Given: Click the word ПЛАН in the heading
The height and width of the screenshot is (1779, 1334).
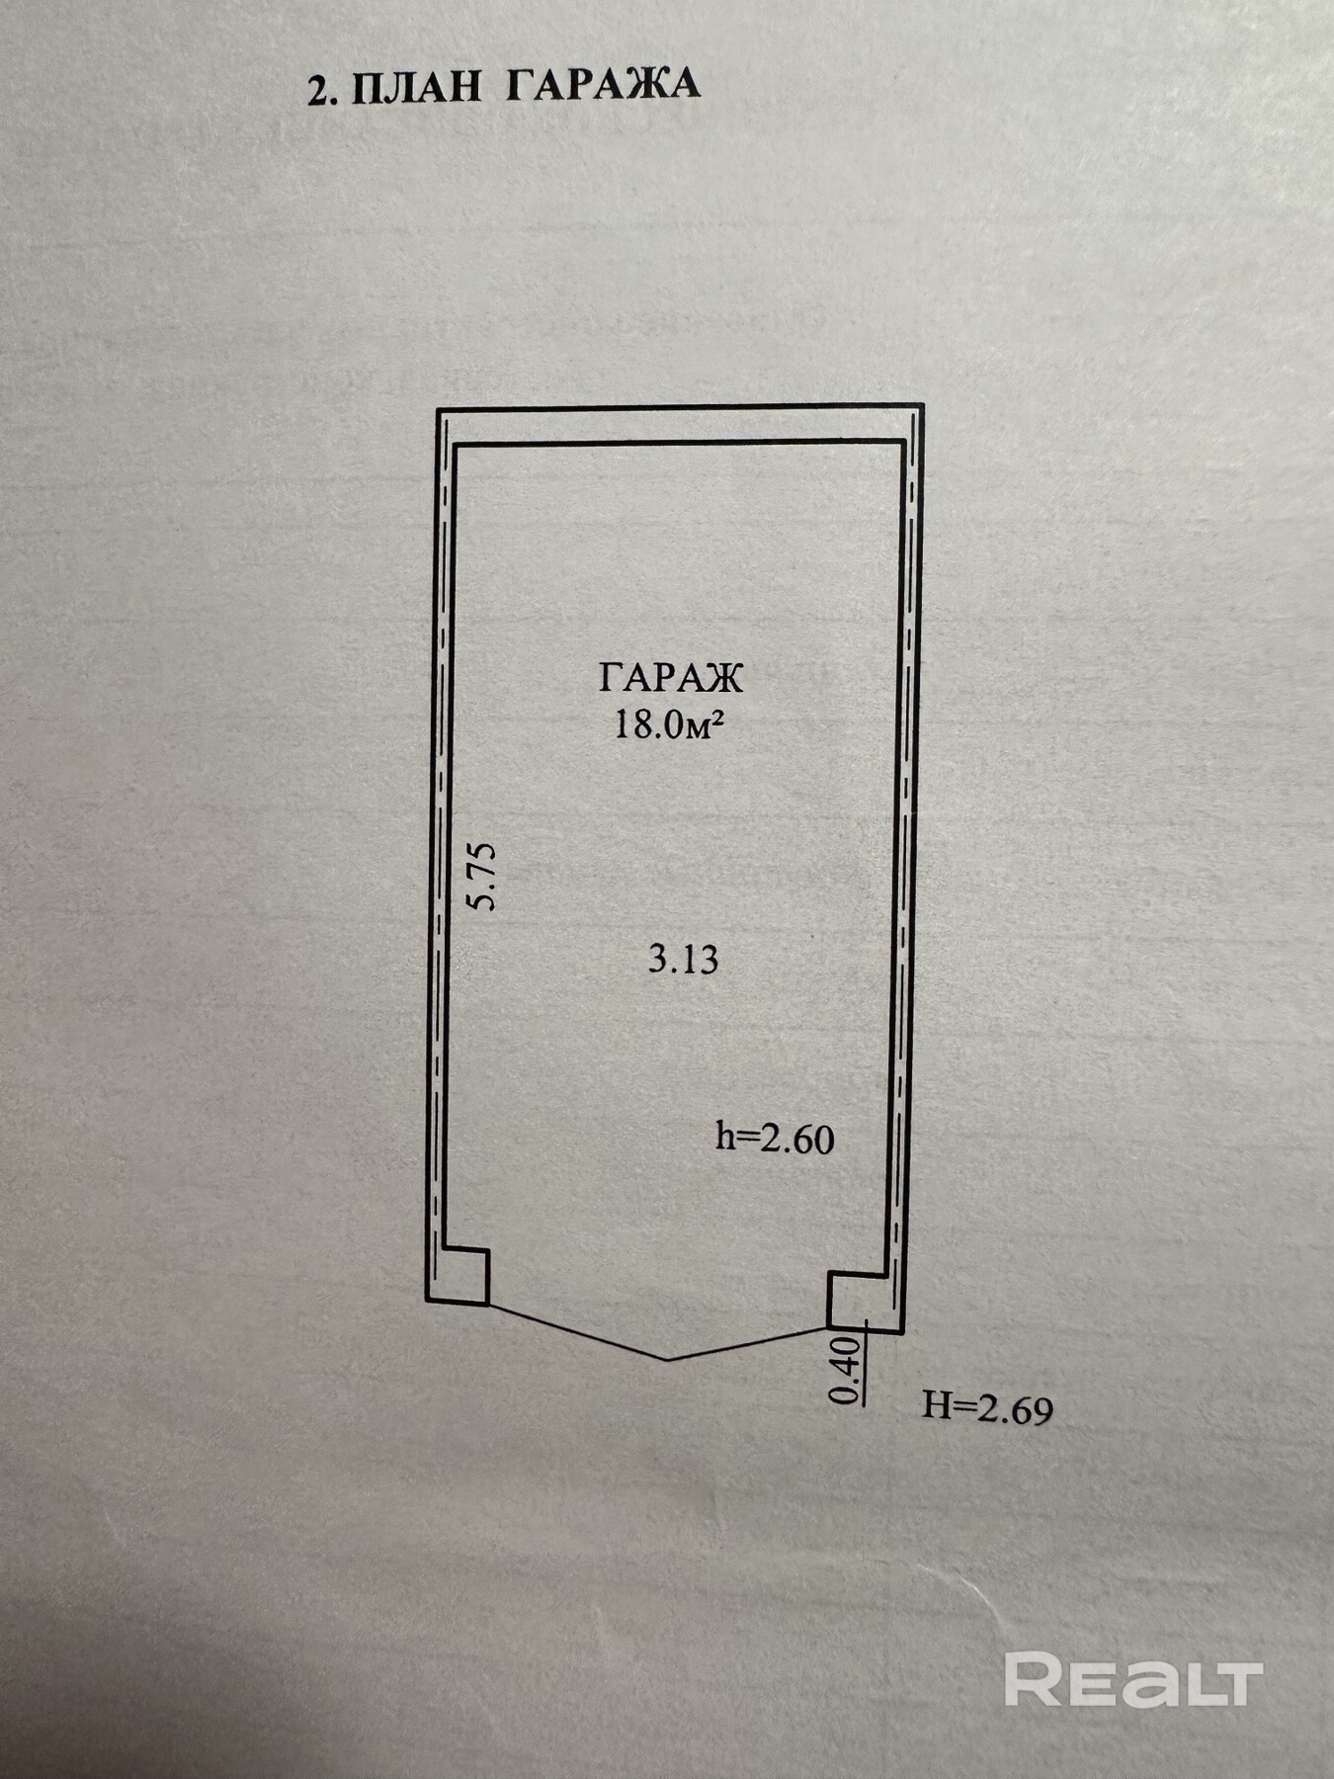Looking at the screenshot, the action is [416, 87].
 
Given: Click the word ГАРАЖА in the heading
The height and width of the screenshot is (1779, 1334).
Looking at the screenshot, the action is [603, 85].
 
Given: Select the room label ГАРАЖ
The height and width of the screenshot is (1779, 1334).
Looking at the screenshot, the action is [670, 678].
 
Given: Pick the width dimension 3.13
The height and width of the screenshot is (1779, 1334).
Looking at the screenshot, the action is [683, 959].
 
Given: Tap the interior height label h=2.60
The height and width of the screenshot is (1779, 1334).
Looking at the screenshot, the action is [775, 1139].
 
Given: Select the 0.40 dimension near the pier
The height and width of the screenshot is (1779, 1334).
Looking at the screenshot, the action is [846, 1371].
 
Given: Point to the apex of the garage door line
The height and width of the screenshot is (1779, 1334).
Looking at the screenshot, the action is [668, 1360].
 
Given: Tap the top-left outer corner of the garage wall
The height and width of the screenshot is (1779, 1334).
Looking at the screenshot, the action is [438, 408].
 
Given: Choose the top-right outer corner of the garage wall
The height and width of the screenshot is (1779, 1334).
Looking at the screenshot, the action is [923, 404].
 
